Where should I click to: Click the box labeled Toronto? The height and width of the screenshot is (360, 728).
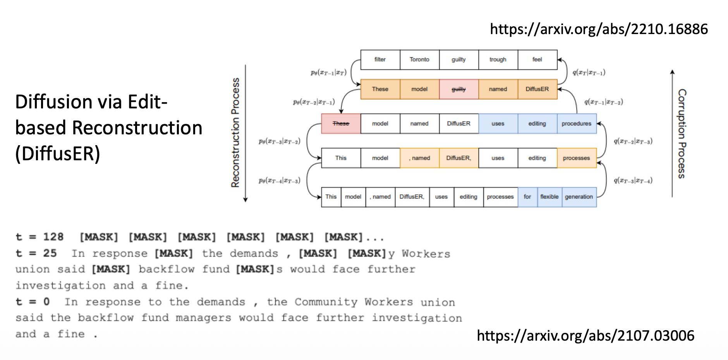419,60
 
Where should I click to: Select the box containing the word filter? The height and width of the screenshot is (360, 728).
380,60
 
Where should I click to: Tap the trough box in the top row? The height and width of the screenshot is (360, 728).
498,60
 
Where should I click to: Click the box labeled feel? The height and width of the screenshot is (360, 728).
537,60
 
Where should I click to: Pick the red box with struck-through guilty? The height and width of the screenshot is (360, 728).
458,89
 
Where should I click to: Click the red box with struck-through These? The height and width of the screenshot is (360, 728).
341,124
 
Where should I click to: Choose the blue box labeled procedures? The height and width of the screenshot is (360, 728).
577,124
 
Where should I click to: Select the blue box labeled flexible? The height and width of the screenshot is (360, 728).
549,197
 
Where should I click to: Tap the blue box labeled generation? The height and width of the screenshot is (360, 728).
579,197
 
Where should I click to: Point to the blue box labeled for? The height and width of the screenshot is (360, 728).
527,197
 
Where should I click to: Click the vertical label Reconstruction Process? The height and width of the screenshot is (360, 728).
235,133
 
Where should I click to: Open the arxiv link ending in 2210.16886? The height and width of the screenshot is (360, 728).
599,29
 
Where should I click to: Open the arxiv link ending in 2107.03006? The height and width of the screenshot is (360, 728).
585,336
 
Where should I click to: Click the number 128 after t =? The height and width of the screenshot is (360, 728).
53,237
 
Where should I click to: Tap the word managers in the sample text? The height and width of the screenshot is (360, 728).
203,318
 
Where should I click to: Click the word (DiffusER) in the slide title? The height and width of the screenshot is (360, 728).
58,154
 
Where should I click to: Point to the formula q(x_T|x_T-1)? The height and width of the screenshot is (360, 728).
589,72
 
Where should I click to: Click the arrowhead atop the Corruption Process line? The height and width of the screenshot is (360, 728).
672,72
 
